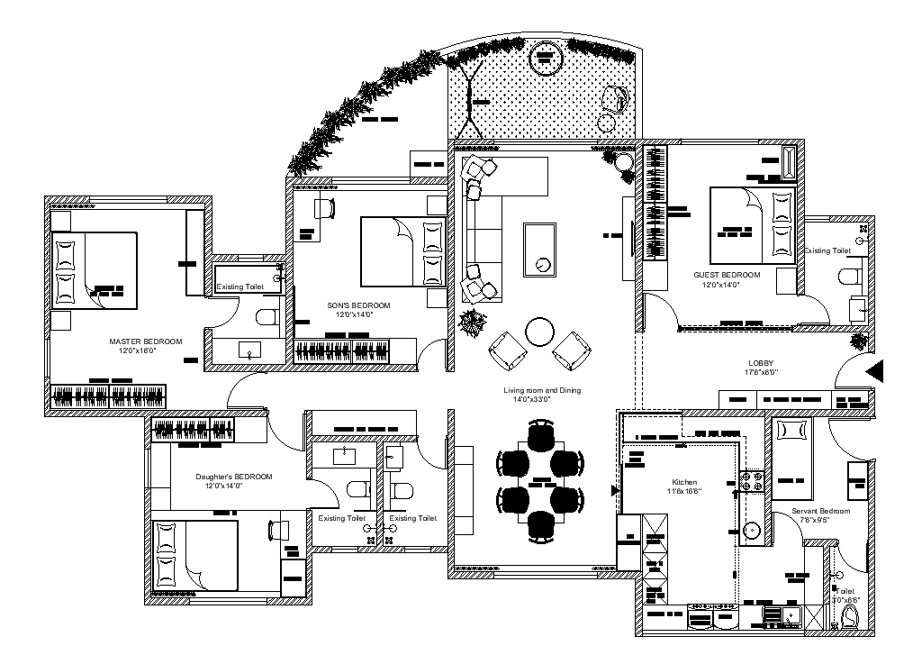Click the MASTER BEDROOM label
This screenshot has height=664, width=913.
point(145,341)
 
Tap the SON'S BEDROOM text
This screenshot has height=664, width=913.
point(358,305)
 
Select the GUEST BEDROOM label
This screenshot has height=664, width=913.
point(726,275)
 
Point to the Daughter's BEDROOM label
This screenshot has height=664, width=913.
point(233,477)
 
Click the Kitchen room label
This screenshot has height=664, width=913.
point(683,482)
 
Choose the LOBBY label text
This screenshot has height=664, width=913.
point(761,362)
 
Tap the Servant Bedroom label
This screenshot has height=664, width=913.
point(820,510)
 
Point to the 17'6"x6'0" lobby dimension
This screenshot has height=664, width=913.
point(761,372)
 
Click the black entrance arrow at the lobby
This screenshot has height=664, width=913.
point(876,370)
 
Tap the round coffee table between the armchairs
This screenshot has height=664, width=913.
point(540,332)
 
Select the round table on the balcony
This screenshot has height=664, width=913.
point(545,59)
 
